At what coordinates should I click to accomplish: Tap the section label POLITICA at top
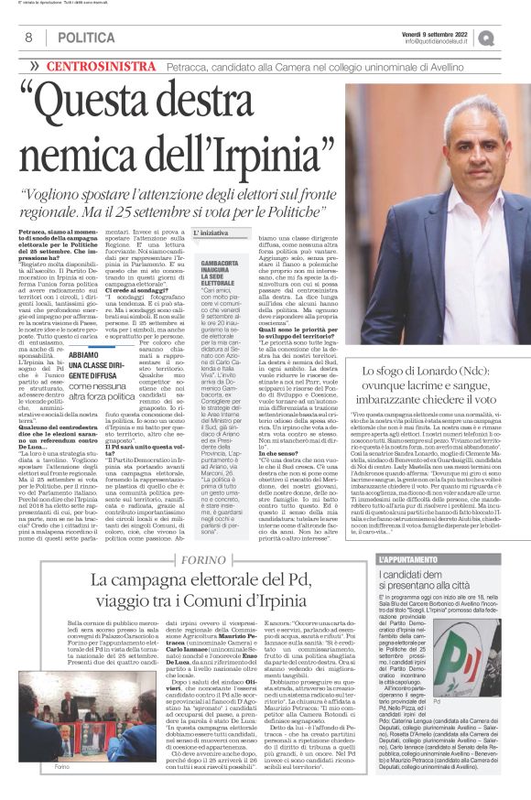click(x=86, y=38)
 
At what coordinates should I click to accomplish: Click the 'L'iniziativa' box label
click(x=211, y=233)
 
